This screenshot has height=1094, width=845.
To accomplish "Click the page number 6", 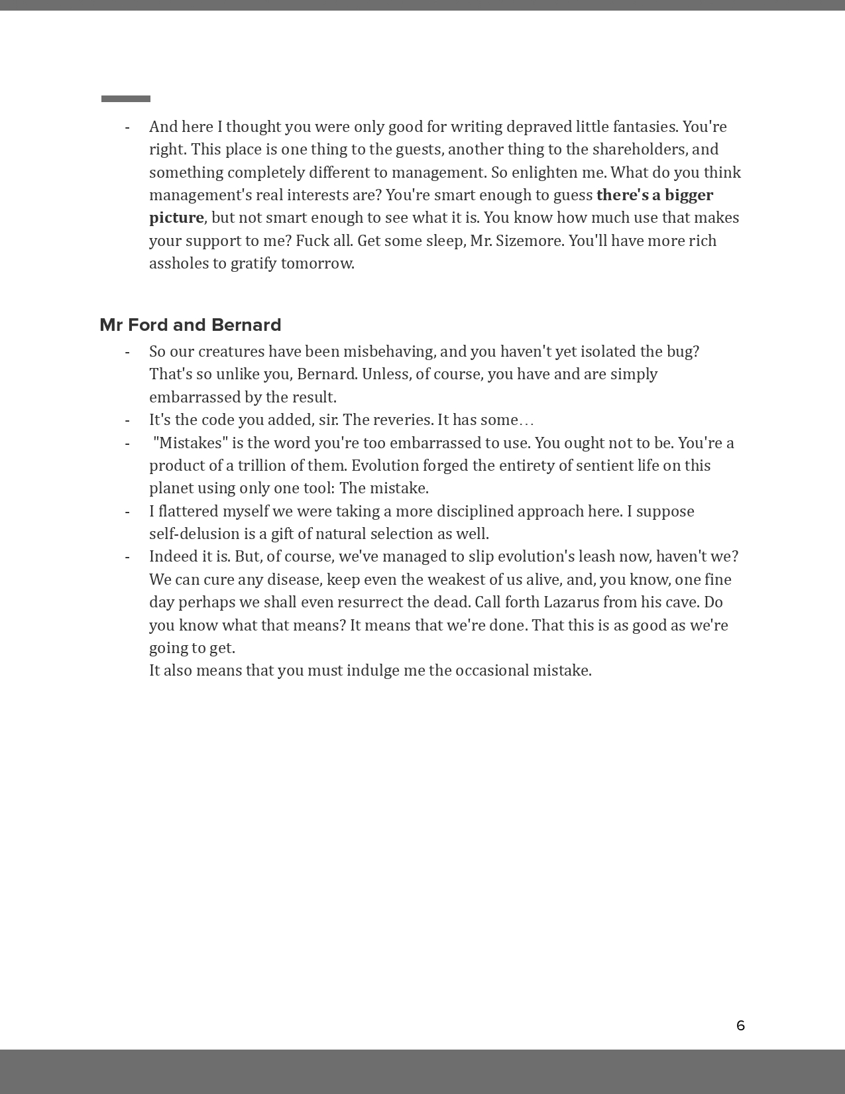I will point(740,1026).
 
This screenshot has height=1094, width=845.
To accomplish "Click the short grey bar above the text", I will point(126,99).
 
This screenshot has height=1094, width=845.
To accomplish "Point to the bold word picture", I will point(176,217).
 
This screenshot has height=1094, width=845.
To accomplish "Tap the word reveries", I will point(400,420).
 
